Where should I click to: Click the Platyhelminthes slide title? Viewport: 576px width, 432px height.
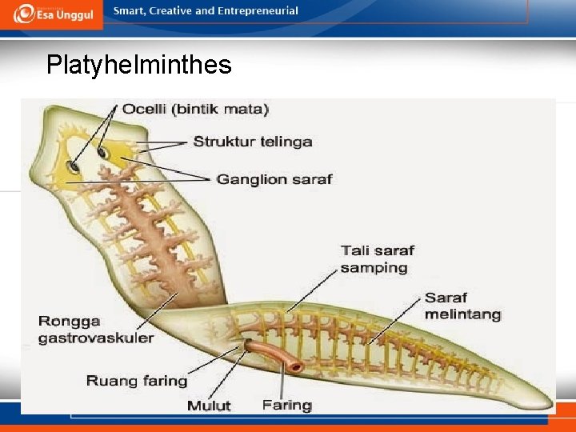[138, 65]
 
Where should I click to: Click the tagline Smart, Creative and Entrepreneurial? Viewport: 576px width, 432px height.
[206, 11]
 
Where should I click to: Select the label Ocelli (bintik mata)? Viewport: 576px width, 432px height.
[195, 109]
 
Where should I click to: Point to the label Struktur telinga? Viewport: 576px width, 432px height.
[252, 142]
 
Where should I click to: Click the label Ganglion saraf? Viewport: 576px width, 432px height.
[274, 179]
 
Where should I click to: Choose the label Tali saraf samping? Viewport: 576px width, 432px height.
[377, 259]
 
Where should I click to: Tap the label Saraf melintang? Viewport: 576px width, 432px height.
[462, 306]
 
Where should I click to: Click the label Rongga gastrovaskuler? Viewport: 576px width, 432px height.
[96, 330]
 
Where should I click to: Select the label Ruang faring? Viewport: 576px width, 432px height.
[136, 381]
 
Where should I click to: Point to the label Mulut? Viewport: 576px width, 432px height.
[209, 406]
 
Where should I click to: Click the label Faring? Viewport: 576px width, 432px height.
[286, 405]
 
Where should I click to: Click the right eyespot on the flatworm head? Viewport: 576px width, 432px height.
[103, 152]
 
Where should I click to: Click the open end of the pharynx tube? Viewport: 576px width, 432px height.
[296, 367]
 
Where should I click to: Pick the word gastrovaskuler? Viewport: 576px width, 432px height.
[96, 338]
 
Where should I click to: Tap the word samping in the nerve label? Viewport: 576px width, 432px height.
[374, 268]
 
